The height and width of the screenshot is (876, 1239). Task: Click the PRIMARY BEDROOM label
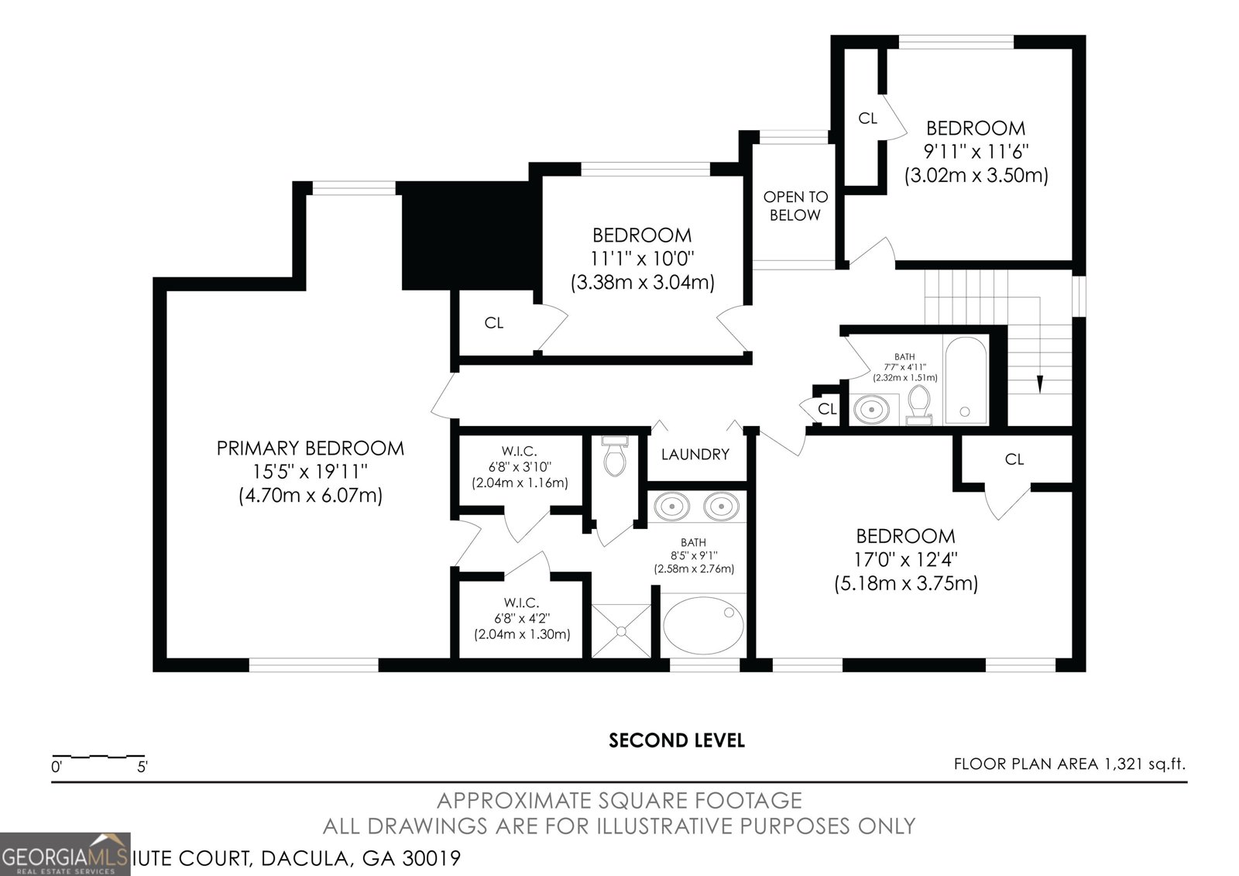pyautogui.click(x=310, y=448)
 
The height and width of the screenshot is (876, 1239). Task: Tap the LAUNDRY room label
pyautogui.click(x=695, y=455)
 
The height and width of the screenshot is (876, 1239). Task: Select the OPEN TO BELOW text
pyautogui.click(x=795, y=206)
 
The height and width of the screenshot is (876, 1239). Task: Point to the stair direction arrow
pyautogui.click(x=1039, y=384)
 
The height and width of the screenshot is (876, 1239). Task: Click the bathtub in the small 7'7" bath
pyautogui.click(x=965, y=379)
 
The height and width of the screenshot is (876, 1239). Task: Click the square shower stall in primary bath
pyautogui.click(x=621, y=631)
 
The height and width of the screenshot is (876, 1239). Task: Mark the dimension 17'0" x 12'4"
pyautogui.click(x=905, y=559)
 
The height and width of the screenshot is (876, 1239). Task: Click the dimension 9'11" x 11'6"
pyautogui.click(x=976, y=151)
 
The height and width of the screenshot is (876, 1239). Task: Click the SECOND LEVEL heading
pyautogui.click(x=676, y=740)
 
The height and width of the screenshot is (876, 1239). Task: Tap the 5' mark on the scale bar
pyautogui.click(x=142, y=767)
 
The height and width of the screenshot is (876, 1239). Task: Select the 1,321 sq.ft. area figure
pyautogui.click(x=1143, y=764)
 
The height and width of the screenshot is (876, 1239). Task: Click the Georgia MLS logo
pyautogui.click(x=65, y=854)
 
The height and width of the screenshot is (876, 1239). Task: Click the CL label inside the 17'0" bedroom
pyautogui.click(x=1014, y=459)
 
